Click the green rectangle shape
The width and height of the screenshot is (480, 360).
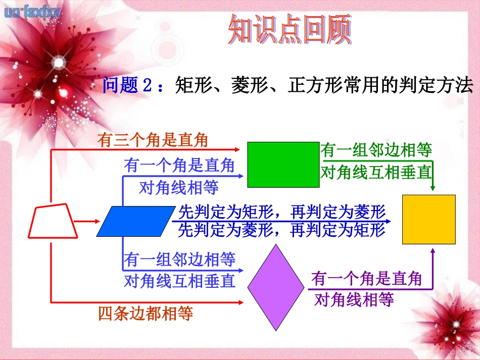[x=283, y=165]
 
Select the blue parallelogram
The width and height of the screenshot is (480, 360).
[x=134, y=221]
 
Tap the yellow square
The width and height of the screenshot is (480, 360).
[x=428, y=220]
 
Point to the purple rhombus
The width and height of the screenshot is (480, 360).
[x=276, y=288]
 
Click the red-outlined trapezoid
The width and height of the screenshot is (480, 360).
[x=53, y=221]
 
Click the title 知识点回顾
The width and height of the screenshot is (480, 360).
[x=289, y=30]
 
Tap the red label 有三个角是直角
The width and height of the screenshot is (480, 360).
[x=153, y=140]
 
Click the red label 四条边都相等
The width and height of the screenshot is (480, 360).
[x=146, y=314]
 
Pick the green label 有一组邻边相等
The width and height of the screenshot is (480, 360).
[x=376, y=150]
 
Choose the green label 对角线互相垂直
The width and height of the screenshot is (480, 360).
[x=376, y=173]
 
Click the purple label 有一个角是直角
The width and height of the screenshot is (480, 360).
[x=366, y=278]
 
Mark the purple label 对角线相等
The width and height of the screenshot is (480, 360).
[x=354, y=300]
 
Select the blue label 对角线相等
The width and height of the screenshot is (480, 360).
[x=178, y=188]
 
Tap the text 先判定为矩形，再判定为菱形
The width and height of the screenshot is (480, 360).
[x=281, y=212]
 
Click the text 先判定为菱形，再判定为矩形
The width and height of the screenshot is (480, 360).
[x=281, y=230]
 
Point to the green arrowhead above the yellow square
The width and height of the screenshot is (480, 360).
[x=433, y=188]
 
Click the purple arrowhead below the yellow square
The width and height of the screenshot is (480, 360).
[x=433, y=251]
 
